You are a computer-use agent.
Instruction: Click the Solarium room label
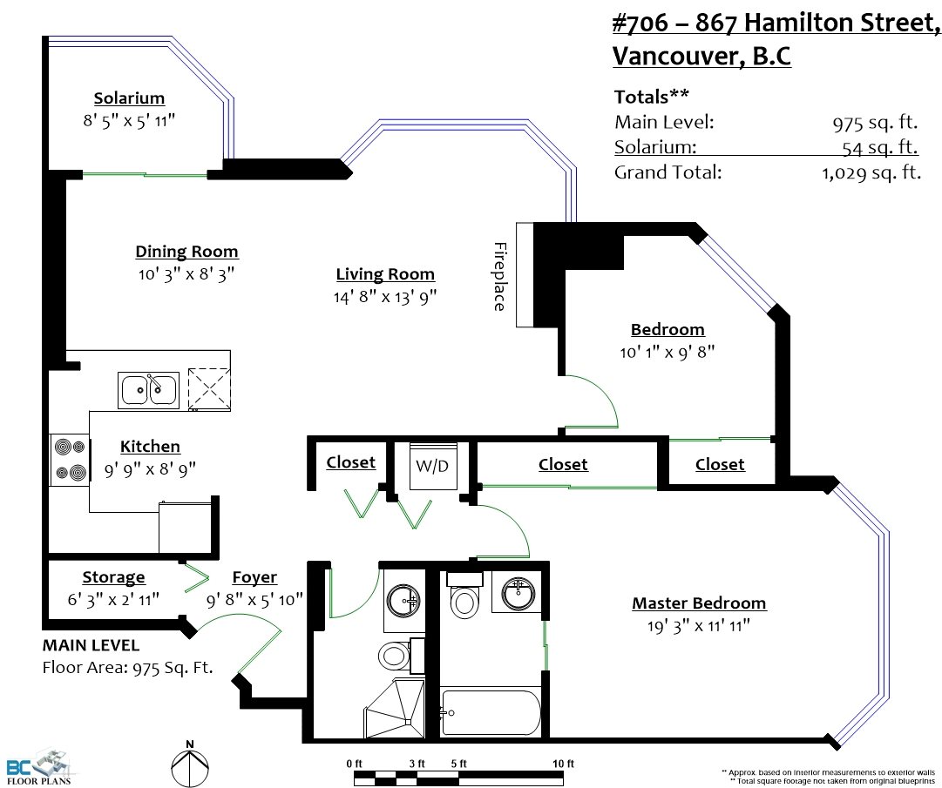(129, 98)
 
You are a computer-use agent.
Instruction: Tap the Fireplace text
(500, 277)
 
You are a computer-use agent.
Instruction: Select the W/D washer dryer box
(432, 467)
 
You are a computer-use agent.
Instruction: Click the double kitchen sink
(148, 390)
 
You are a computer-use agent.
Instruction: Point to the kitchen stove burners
(71, 461)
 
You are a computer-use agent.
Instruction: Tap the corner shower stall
(394, 709)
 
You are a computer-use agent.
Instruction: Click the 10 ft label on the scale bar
(563, 764)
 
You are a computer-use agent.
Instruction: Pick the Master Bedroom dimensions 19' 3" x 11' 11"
(699, 626)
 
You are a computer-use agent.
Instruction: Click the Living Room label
(385, 274)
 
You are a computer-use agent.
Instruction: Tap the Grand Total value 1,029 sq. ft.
(871, 173)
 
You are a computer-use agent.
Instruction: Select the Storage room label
(113, 577)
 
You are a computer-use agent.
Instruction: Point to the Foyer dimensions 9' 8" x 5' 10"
(254, 600)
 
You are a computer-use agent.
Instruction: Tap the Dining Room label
(186, 252)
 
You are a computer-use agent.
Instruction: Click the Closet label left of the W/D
(351, 462)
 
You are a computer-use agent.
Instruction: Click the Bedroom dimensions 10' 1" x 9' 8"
(668, 352)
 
